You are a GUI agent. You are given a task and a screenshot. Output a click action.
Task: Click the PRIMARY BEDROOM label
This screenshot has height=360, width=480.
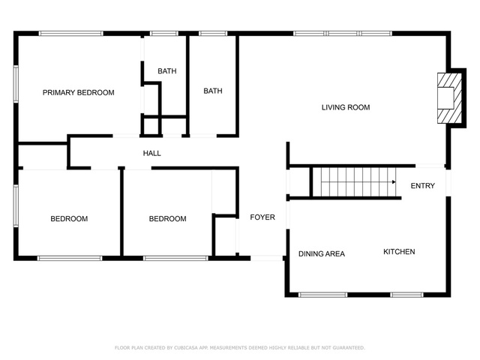(x=78, y=92)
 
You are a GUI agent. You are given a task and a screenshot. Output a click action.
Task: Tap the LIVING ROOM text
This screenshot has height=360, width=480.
(x=346, y=107)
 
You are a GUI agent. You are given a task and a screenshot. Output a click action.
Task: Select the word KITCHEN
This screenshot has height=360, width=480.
(x=399, y=252)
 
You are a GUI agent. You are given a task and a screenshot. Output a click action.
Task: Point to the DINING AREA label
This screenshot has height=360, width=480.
(x=322, y=253)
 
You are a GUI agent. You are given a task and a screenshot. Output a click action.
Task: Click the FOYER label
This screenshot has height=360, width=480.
(x=262, y=217)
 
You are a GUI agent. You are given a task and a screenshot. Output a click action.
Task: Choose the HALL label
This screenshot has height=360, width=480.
(x=151, y=153)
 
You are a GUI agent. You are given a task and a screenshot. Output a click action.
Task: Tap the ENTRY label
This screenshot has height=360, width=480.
(x=423, y=186)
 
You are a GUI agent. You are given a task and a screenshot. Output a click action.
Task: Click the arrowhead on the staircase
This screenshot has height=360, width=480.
(x=394, y=181)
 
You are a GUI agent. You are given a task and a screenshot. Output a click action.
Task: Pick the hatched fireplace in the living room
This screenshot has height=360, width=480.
(x=449, y=98)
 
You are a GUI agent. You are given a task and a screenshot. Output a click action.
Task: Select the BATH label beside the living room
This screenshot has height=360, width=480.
(x=213, y=91)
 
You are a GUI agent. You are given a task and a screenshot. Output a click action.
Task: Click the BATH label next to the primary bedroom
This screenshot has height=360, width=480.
(x=166, y=71)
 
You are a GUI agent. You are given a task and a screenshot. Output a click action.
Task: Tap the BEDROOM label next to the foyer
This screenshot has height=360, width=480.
(x=167, y=219)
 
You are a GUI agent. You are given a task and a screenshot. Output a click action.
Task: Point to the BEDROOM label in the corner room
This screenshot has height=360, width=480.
(x=69, y=219)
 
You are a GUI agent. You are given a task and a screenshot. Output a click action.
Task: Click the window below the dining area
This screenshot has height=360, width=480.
(x=323, y=295)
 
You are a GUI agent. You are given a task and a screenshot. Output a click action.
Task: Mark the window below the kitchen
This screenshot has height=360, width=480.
(x=406, y=295)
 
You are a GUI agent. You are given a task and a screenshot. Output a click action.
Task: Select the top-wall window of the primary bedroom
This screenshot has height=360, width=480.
(x=70, y=33)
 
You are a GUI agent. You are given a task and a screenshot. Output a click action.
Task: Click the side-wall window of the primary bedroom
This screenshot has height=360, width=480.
(x=16, y=84)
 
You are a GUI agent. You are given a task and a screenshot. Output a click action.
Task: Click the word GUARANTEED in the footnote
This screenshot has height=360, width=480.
(x=349, y=348)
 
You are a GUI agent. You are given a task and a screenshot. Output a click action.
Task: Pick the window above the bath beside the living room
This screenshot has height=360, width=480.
(x=213, y=33)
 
